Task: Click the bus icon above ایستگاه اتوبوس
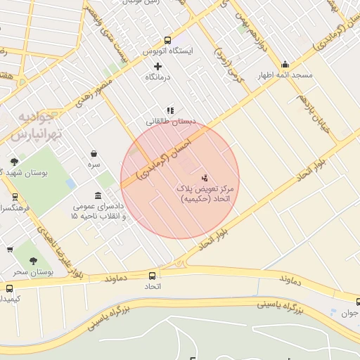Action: click(167, 40)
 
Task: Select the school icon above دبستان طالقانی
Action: click(169, 110)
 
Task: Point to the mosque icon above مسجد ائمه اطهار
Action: click(284, 64)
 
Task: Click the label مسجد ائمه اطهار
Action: click(285, 75)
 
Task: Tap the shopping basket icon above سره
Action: click(94, 154)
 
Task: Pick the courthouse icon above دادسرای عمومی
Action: click(98, 195)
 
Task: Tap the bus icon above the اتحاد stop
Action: click(153, 276)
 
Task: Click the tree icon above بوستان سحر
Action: click(34, 260)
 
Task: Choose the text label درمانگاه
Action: click(159, 76)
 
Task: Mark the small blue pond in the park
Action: click(70, 184)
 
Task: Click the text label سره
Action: click(94, 165)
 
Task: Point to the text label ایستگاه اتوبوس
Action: click(167, 51)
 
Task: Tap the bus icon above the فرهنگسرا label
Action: click(15, 197)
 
